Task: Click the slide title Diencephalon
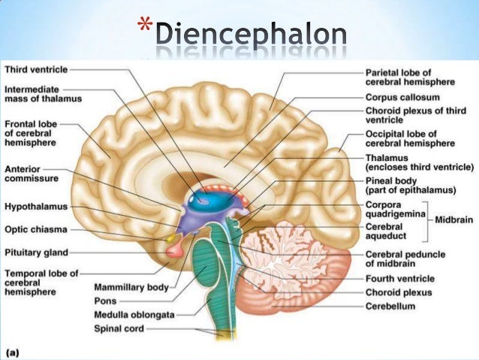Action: pos(251,35)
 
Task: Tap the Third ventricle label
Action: pos(37,69)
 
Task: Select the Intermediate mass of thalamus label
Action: pos(43,93)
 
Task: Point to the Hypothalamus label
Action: pos(36,205)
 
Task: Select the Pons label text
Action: pos(105,301)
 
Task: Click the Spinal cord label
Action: pos(119,328)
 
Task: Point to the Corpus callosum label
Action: pos(402,97)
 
